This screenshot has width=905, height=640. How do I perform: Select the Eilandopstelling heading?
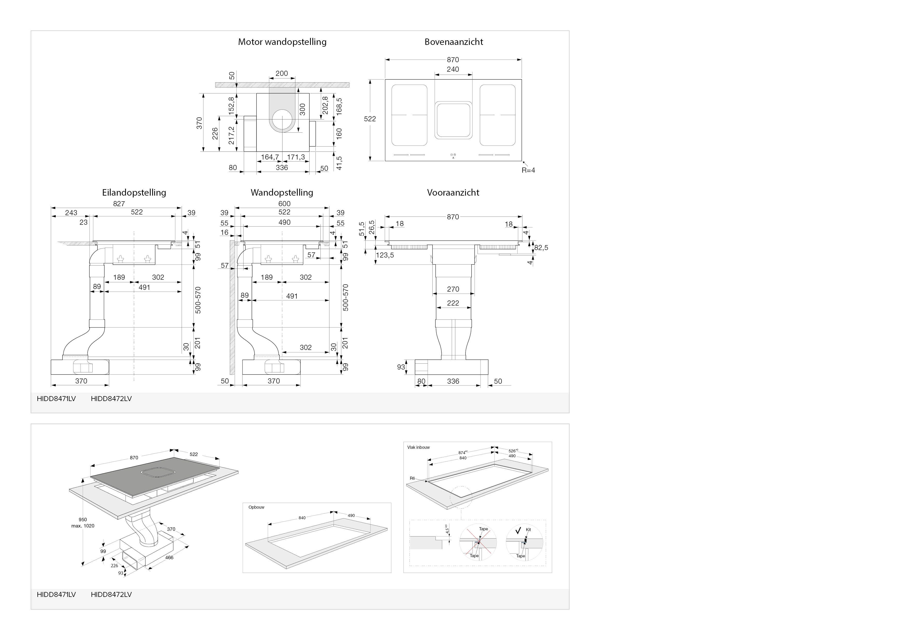pos(134,193)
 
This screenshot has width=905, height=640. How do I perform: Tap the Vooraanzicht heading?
pos(453,193)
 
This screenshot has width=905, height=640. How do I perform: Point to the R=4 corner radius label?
pos(528,170)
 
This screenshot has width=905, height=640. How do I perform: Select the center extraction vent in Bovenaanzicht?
pos(453,120)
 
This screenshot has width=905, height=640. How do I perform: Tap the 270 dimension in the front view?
pos(453,289)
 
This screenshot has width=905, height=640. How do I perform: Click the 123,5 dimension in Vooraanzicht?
pos(385,255)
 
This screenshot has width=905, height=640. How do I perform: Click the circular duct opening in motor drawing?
pos(282,120)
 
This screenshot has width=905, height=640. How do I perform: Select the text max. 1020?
pos(83,526)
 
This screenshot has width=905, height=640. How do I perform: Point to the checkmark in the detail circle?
pos(518,530)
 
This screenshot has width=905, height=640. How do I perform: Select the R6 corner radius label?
pos(412,478)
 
